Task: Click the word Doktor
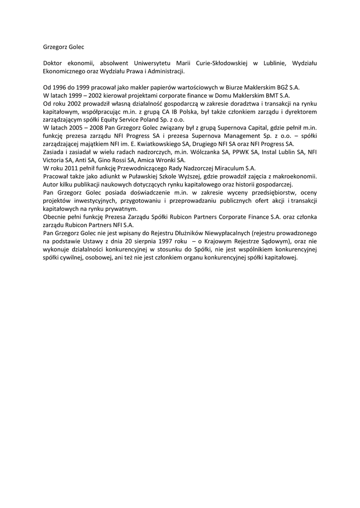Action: click(53, 63)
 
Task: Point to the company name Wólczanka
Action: click(200, 152)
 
